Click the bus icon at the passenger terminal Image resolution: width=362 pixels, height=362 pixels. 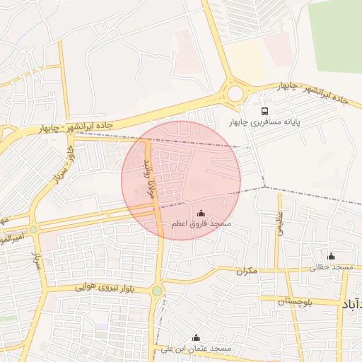[264, 111]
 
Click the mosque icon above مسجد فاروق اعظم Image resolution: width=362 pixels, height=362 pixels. [201, 213]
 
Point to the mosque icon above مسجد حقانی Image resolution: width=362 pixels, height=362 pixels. [332, 256]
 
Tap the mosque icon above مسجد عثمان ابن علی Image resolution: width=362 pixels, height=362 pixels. [196, 338]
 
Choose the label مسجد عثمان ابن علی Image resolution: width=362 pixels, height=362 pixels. [197, 349]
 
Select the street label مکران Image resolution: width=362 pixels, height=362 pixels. [246, 271]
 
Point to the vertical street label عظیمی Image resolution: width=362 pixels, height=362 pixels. [280, 225]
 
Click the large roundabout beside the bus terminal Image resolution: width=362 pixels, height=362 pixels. [234, 93]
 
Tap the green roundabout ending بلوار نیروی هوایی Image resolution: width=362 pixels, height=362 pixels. [157, 291]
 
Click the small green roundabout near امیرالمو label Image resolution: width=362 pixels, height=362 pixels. [33, 230]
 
